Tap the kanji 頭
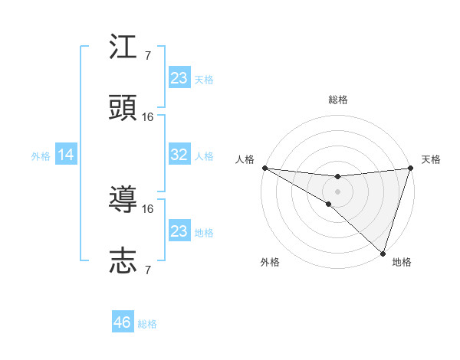pos(123,108)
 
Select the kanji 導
pos(123,201)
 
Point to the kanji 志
pos(123,260)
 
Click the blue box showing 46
pos(123,322)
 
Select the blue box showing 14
pos(65,155)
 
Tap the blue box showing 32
pos(179,155)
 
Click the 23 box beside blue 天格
pos(179,78)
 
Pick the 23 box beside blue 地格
pos(179,231)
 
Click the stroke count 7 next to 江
pos(148,56)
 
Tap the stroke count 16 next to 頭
pos(148,116)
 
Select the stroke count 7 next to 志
pos(148,269)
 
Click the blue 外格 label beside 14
pos(41,155)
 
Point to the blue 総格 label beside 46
pos(147,323)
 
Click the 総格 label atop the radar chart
pos(337,100)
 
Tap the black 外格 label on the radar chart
pos(270,262)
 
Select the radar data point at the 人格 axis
pos(264,168)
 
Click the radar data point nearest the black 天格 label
pos(410,168)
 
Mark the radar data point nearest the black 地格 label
pos(383,253)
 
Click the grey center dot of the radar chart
pos(337,191)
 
